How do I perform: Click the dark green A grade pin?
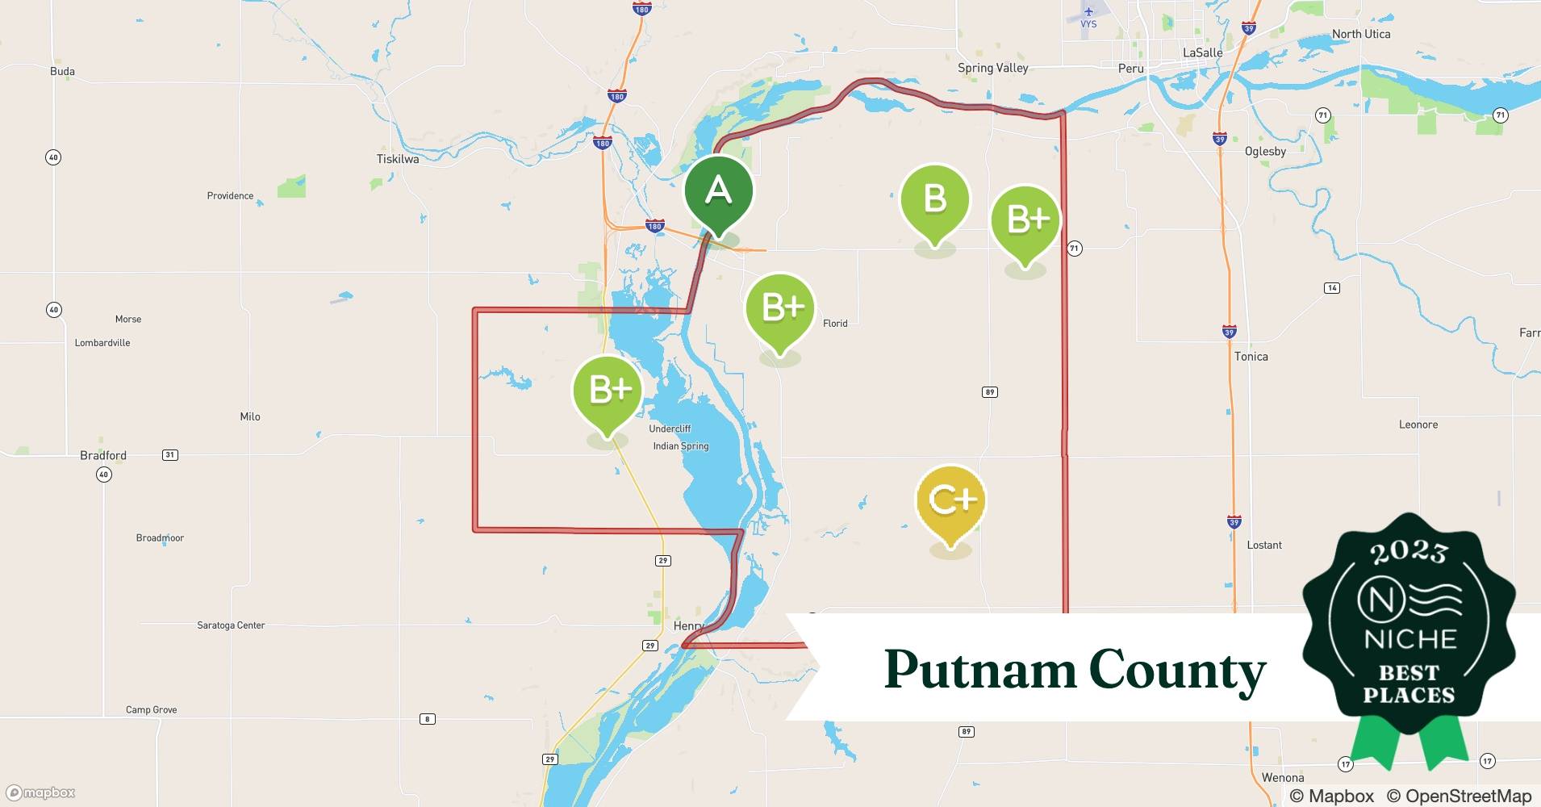[x=718, y=191]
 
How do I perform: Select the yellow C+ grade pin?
[x=951, y=500]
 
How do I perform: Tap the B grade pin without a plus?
[x=934, y=199]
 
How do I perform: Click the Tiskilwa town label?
[x=398, y=159]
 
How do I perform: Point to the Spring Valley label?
[x=992, y=68]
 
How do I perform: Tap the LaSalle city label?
[x=1202, y=52]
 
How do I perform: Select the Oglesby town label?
[x=1265, y=151]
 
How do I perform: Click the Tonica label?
[x=1251, y=356]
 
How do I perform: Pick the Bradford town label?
[x=103, y=455]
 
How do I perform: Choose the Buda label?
[x=62, y=71]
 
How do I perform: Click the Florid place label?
[x=835, y=324]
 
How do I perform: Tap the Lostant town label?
[x=1263, y=545]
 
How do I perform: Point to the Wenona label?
[x=1282, y=777]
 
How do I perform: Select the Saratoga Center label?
[x=231, y=625]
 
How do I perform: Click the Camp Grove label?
[x=151, y=710]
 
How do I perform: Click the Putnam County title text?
[x=1075, y=670]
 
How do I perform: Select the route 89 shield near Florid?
[x=989, y=392]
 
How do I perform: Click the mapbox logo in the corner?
[x=41, y=792]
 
